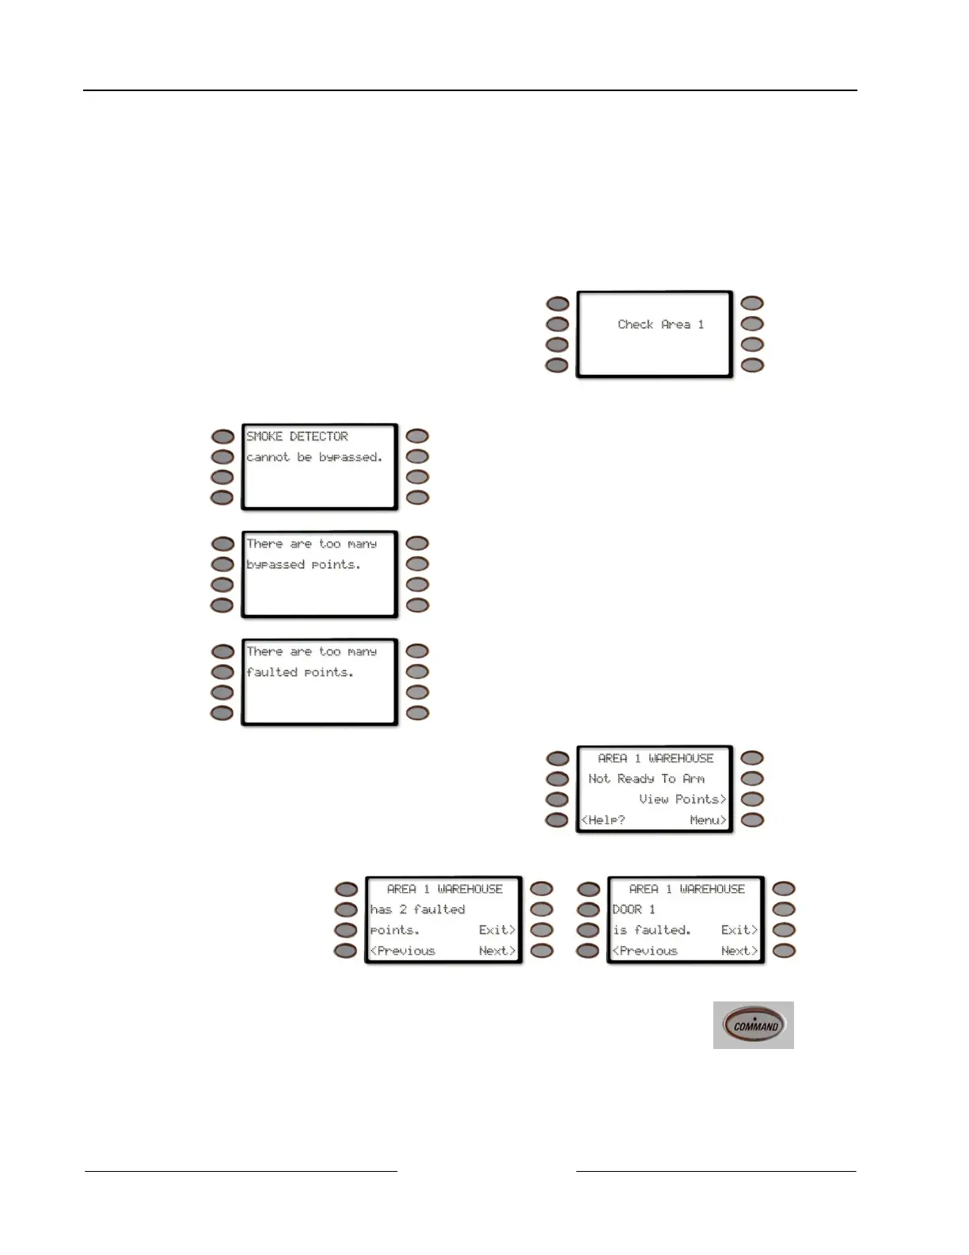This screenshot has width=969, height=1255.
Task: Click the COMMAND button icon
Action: click(x=754, y=1025)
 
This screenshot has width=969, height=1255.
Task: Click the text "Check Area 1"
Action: click(x=660, y=324)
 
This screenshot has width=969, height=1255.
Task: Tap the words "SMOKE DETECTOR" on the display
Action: click(x=297, y=437)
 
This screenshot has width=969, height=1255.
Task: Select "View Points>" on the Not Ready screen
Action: click(x=682, y=799)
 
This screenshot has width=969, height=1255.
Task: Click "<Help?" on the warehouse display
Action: click(x=603, y=820)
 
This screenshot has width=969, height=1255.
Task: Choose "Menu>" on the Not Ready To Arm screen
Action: click(x=708, y=820)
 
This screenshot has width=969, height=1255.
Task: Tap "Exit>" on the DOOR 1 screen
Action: click(x=739, y=930)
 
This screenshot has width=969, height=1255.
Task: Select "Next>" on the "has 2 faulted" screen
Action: click(x=497, y=951)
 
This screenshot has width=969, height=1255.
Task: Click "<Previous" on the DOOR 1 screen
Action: click(x=644, y=951)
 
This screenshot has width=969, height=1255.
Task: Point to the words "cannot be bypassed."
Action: click(x=314, y=457)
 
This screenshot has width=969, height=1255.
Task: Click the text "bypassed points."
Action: click(x=303, y=565)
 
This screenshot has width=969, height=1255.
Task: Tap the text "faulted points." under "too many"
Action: click(x=299, y=673)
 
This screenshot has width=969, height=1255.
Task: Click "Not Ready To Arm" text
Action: click(x=646, y=779)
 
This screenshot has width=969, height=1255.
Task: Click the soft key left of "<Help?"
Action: click(x=557, y=820)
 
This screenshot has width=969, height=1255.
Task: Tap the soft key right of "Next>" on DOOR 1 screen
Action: click(x=784, y=951)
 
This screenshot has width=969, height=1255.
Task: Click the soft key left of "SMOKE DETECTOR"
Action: click(x=222, y=437)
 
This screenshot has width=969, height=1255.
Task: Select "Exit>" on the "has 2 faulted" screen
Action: click(x=497, y=930)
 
